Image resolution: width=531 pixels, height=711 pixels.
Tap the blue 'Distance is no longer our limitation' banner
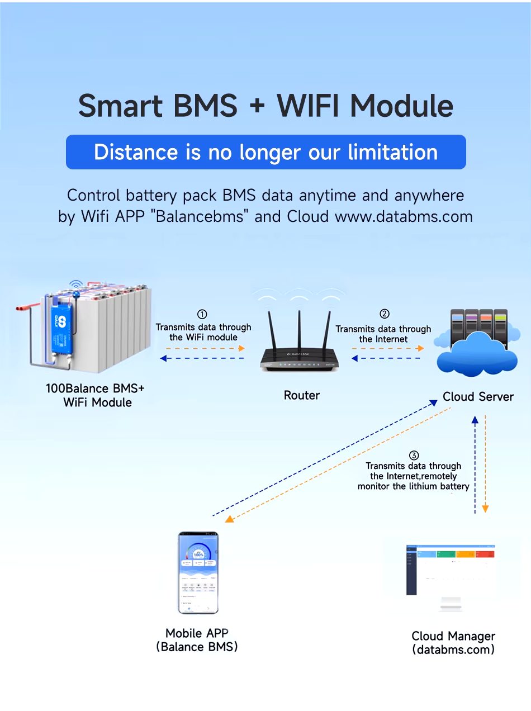(x=265, y=152)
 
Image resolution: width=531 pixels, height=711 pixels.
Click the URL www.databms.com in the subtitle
(x=404, y=216)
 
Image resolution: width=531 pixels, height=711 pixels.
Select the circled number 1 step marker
(x=203, y=315)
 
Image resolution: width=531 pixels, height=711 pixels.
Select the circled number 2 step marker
(x=384, y=314)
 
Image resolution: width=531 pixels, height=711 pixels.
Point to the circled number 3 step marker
(x=414, y=455)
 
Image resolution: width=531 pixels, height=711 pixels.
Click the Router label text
(x=302, y=395)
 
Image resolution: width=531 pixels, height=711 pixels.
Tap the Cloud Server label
(x=478, y=396)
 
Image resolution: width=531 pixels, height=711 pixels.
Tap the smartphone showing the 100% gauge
(x=198, y=572)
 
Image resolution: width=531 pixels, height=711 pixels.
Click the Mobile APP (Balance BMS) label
(x=197, y=640)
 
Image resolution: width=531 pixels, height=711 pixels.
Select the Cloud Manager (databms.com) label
(x=453, y=643)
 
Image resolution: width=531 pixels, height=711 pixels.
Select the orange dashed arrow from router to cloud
(x=387, y=348)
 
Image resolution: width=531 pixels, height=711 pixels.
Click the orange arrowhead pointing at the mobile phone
(x=229, y=519)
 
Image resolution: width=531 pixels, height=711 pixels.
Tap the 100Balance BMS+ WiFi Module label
(x=98, y=395)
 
